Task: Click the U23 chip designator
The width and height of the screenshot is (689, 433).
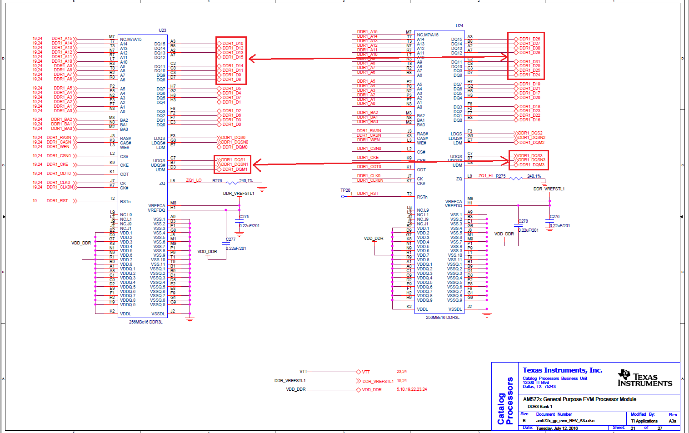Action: click(x=162, y=30)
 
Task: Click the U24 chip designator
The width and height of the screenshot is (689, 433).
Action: click(x=459, y=26)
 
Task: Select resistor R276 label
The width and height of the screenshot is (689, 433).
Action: click(x=217, y=181)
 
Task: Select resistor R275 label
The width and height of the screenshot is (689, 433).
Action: click(x=500, y=176)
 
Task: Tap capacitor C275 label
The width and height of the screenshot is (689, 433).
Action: click(x=245, y=217)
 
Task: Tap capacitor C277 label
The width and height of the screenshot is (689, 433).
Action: click(x=231, y=239)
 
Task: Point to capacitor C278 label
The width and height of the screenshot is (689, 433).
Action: click(x=523, y=221)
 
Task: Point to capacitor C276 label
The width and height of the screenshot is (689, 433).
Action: click(x=554, y=217)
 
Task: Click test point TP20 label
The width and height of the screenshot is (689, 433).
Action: click(x=345, y=190)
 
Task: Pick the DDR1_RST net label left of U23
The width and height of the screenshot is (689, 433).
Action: click(x=57, y=201)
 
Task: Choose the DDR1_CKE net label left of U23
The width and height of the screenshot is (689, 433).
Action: click(x=57, y=164)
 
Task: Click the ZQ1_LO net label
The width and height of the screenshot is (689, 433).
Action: click(x=194, y=181)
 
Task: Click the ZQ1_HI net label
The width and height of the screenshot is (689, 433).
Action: click(x=485, y=176)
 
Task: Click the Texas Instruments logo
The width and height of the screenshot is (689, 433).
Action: click(x=644, y=378)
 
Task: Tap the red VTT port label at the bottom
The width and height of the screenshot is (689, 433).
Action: click(x=366, y=372)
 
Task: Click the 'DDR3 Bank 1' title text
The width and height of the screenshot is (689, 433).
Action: click(x=540, y=407)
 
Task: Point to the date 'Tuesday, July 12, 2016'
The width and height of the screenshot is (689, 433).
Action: click(x=557, y=428)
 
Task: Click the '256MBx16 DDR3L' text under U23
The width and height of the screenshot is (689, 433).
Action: click(x=145, y=322)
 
